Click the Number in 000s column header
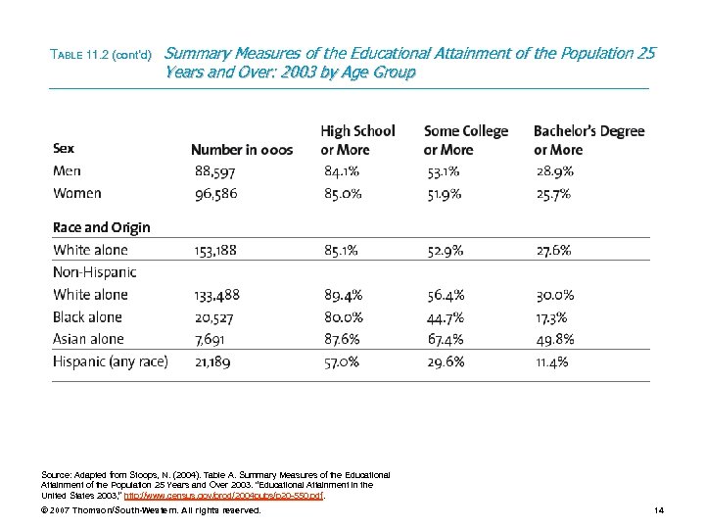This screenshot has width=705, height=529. tap(241, 150)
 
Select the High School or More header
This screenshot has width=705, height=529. tap(357, 140)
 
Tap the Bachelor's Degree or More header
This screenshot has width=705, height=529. tap(588, 140)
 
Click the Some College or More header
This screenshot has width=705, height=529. tap(465, 140)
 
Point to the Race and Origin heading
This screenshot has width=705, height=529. tap(101, 227)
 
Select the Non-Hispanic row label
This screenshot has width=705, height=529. tap(94, 272)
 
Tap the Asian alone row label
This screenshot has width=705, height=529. tap(88, 339)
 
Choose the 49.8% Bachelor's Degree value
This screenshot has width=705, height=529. tap(555, 339)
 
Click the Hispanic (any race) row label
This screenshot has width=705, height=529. tap(110, 361)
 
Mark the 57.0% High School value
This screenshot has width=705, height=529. tap(342, 361)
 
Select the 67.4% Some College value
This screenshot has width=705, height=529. tap(446, 339)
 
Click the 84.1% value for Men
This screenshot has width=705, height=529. tap(342, 171)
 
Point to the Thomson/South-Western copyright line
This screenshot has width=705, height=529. tap(151, 510)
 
